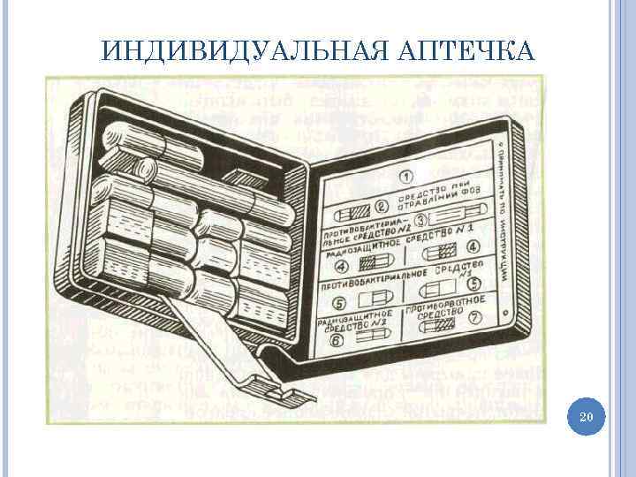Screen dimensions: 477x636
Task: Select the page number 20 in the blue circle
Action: click(583, 416)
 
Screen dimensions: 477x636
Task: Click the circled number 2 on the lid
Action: click(382, 208)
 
